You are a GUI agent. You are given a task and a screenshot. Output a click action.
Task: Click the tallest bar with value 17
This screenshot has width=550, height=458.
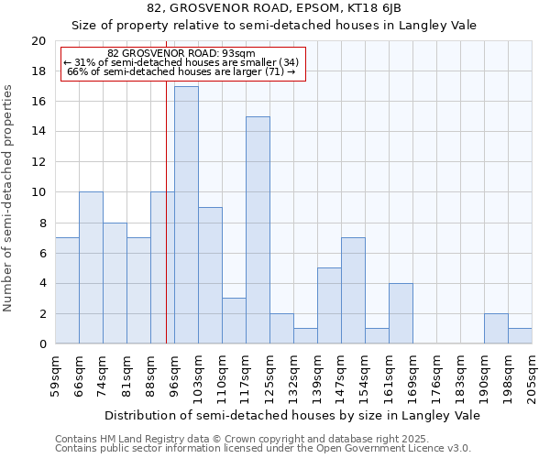(186, 215)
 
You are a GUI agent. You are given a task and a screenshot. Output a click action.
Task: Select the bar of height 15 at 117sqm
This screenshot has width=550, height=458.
(258, 230)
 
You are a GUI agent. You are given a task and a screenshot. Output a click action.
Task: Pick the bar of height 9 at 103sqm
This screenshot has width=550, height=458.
(210, 276)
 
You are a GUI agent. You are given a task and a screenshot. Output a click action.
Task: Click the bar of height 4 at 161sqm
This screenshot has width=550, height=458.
(401, 313)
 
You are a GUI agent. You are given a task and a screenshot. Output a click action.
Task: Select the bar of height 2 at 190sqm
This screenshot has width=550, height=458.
(496, 329)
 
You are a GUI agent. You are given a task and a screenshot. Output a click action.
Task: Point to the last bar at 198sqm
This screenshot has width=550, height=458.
(520, 336)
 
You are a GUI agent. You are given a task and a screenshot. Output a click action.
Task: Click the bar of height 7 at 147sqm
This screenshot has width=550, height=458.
(353, 290)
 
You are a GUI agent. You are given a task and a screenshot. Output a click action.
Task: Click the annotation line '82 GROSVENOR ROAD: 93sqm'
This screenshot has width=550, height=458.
(181, 53)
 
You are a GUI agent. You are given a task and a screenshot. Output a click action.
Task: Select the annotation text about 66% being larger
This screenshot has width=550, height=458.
(181, 71)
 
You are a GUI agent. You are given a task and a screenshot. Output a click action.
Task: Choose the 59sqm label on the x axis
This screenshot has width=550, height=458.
(55, 376)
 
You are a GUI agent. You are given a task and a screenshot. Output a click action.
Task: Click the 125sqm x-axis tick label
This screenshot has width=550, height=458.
(269, 376)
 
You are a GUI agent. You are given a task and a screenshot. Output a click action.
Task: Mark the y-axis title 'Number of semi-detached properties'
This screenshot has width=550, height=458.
(9, 198)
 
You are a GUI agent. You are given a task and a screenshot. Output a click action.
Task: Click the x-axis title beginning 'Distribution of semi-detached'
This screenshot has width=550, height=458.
(293, 415)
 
